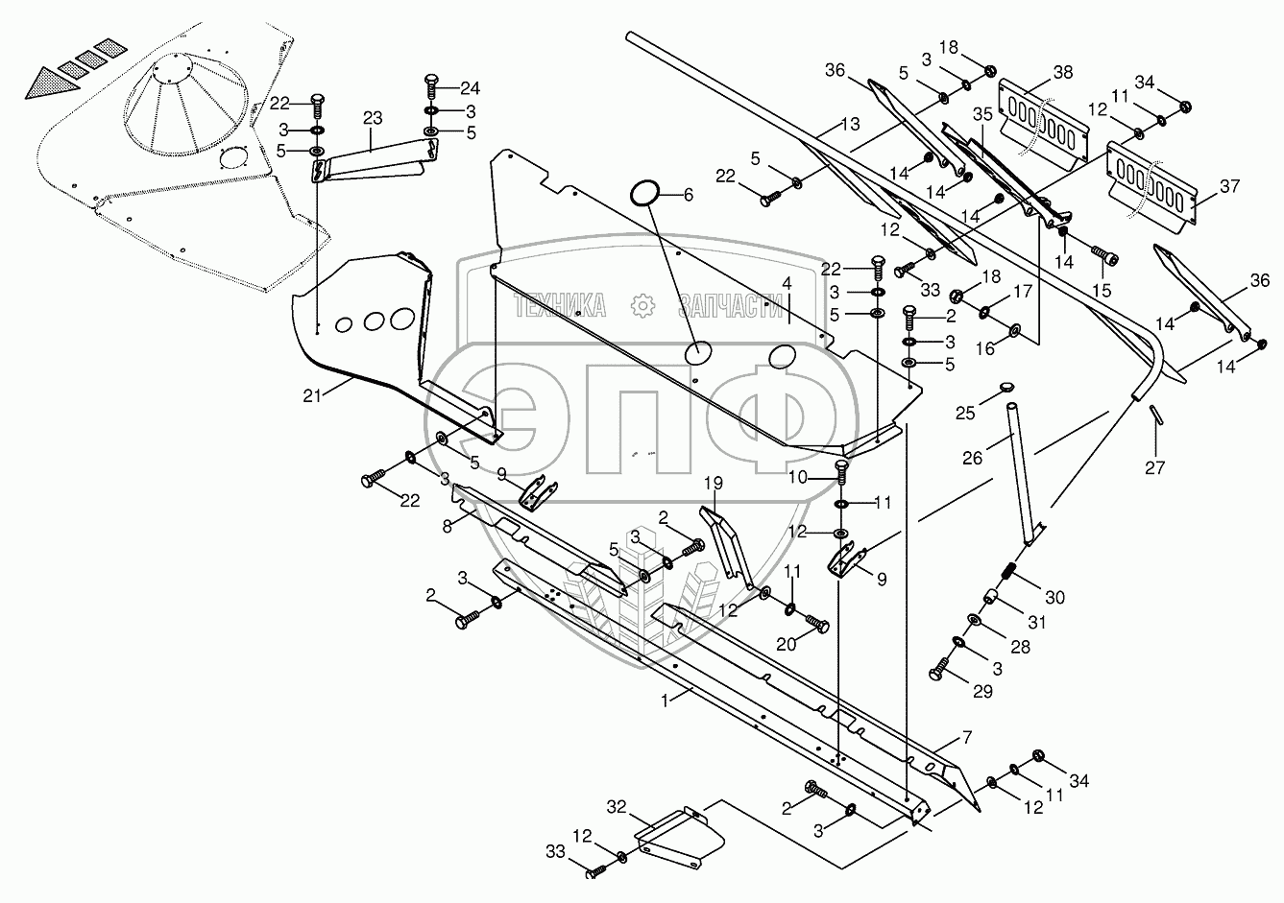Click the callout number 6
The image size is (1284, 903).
pyautogui.click(x=688, y=194)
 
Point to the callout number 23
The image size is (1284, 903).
pyautogui.click(x=373, y=118)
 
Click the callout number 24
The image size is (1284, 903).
pyautogui.click(x=470, y=88)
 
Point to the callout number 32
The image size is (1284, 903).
pyautogui.click(x=617, y=805)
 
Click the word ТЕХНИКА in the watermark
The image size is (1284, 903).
pyautogui.click(x=561, y=306)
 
